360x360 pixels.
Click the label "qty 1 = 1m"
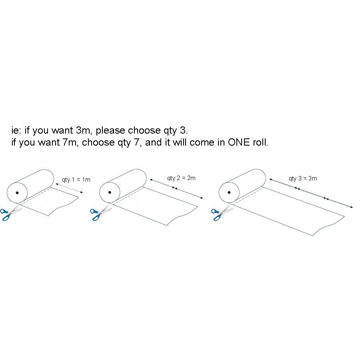(76, 180)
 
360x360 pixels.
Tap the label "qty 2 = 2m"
(181, 178)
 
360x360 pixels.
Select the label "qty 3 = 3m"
(303, 178)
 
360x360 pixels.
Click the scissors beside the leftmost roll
(10, 214)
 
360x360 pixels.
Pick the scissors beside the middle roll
(100, 213)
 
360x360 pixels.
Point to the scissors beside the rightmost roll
(222, 213)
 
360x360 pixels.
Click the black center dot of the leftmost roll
(17, 193)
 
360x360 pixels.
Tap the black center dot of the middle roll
(110, 192)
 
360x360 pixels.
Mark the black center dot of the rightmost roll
(229, 192)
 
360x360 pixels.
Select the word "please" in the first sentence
(110, 131)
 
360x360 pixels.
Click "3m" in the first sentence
(84, 130)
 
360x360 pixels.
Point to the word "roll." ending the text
(260, 142)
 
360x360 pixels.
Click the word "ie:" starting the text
(16, 130)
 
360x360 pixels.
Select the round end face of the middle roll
(110, 193)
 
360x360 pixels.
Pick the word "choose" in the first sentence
(144, 130)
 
